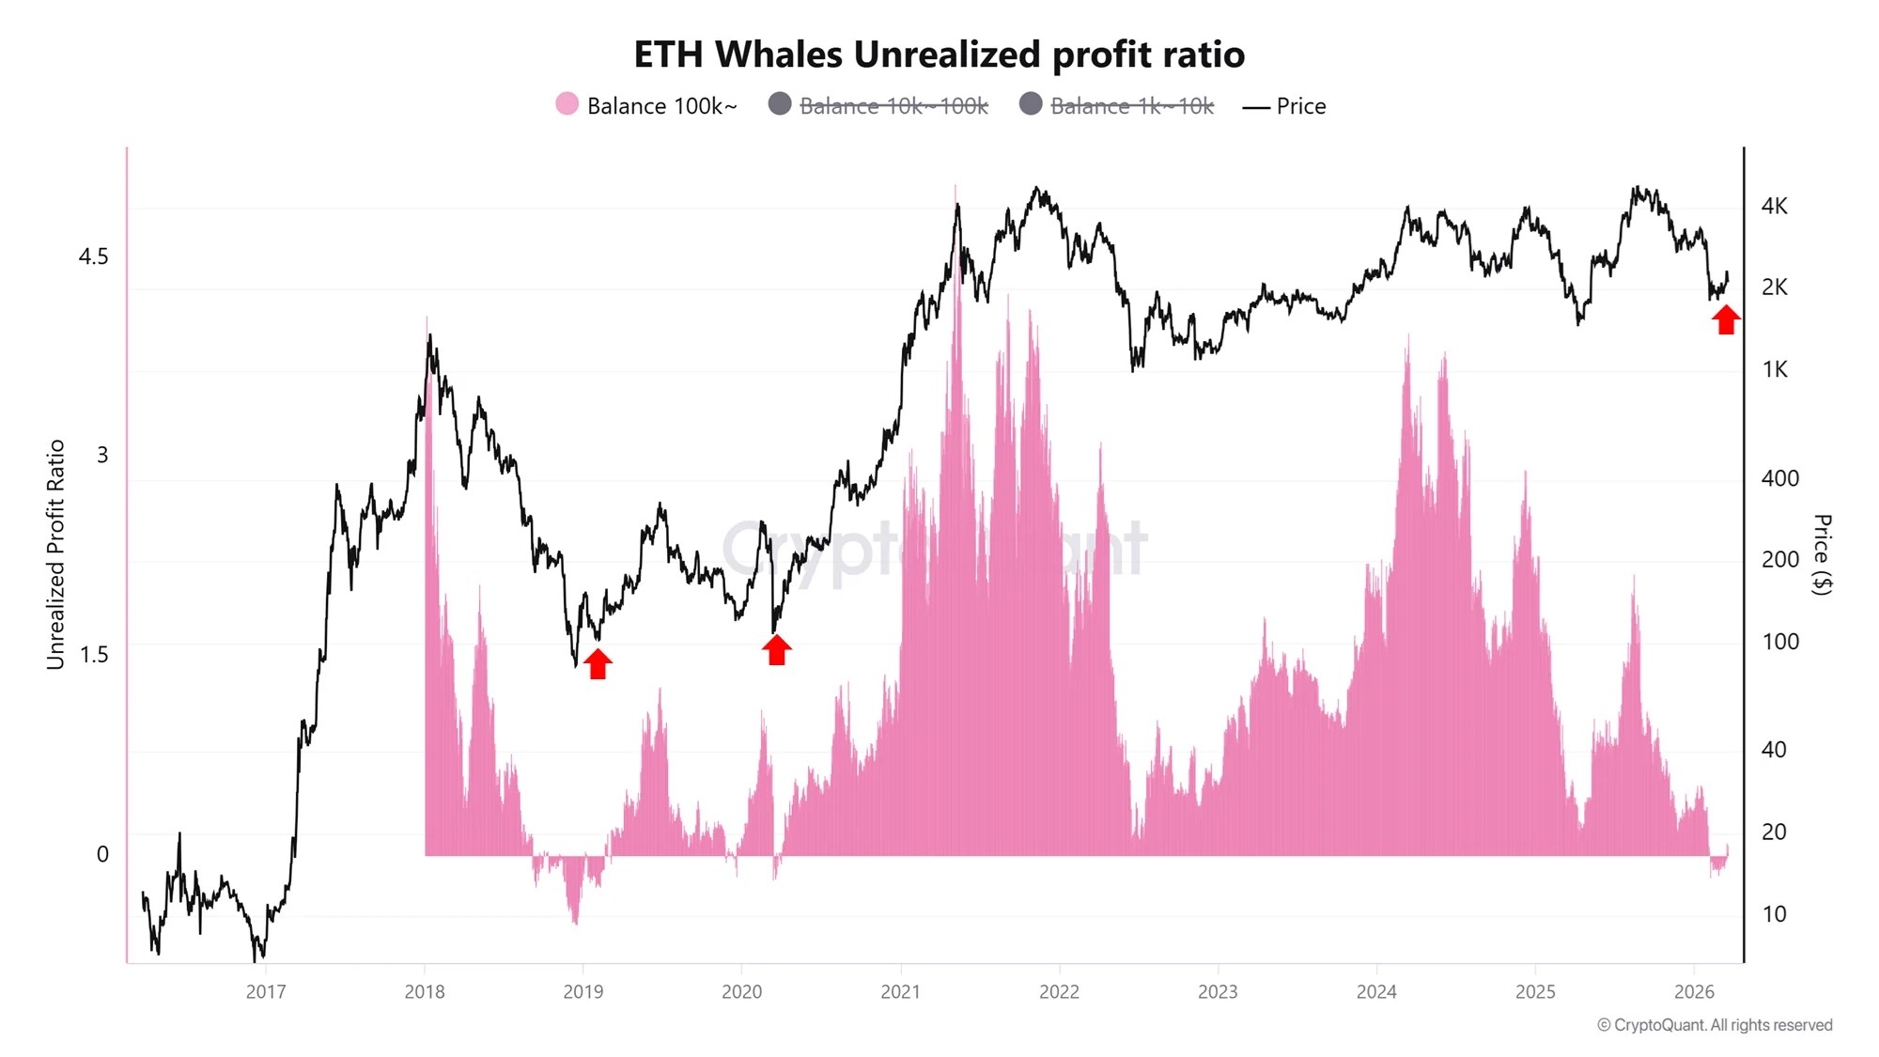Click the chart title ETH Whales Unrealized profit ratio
point(939,54)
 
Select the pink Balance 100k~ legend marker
point(567,104)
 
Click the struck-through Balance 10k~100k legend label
point(893,106)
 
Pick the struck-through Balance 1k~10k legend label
point(1131,106)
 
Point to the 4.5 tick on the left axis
point(93,256)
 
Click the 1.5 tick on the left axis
point(93,655)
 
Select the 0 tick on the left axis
point(102,854)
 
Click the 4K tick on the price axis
point(1774,206)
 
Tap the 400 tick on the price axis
point(1779,478)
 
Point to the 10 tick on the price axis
point(1774,914)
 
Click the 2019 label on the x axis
point(582,992)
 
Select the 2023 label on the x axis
point(1218,992)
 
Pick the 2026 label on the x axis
point(1694,992)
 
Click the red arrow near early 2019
point(598,662)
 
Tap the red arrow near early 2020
point(776,649)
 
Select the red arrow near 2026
point(1725,319)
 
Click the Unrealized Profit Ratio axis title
point(55,554)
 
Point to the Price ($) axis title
point(1821,554)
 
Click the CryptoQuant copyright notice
point(1714,1025)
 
